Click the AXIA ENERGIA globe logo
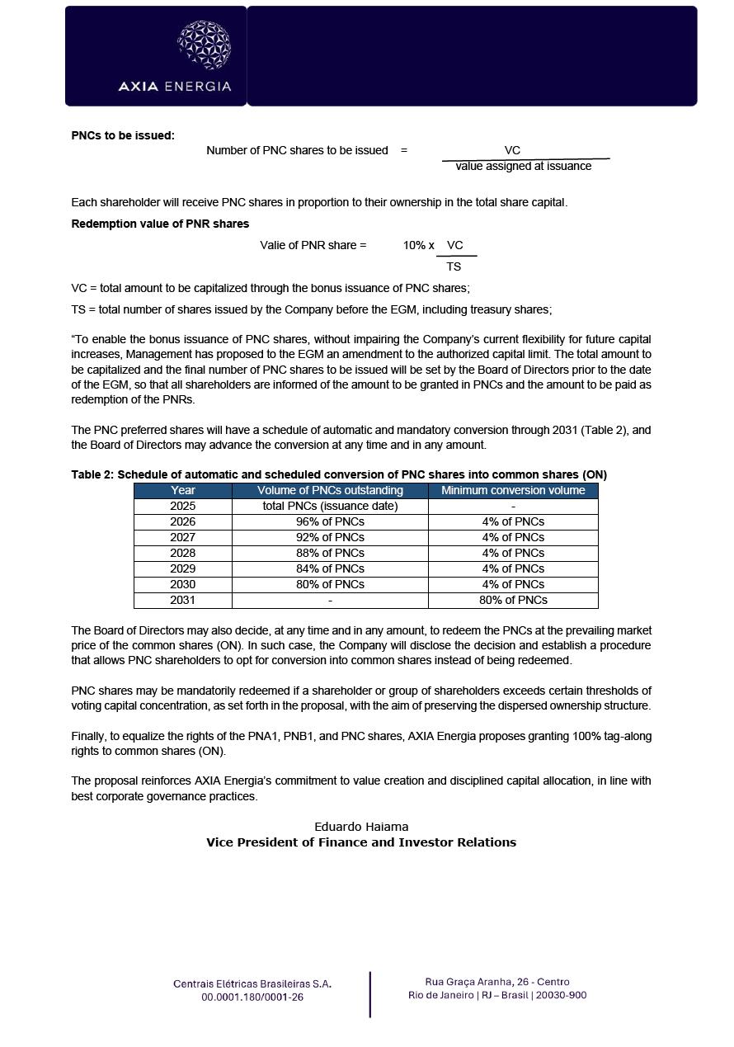coord(204,45)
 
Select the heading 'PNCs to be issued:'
coord(123,135)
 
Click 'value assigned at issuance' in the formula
coord(523,167)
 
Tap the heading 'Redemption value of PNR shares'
coord(160,224)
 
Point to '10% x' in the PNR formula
coord(418,245)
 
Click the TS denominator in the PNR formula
coord(454,267)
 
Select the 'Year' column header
coord(182,490)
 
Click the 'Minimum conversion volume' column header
coord(513,490)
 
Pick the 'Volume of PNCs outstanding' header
coord(330,490)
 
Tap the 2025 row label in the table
coord(182,506)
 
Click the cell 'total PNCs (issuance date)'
coord(330,506)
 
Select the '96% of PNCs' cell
coord(330,521)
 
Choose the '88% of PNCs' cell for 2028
coord(330,553)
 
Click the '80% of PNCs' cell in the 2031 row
coord(513,600)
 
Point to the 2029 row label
coord(182,568)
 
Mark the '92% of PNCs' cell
coord(330,537)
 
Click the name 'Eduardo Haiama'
coord(361,827)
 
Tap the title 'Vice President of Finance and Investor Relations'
coord(361,842)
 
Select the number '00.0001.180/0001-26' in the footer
coord(252,997)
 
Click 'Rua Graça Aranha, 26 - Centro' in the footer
coord(497,982)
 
